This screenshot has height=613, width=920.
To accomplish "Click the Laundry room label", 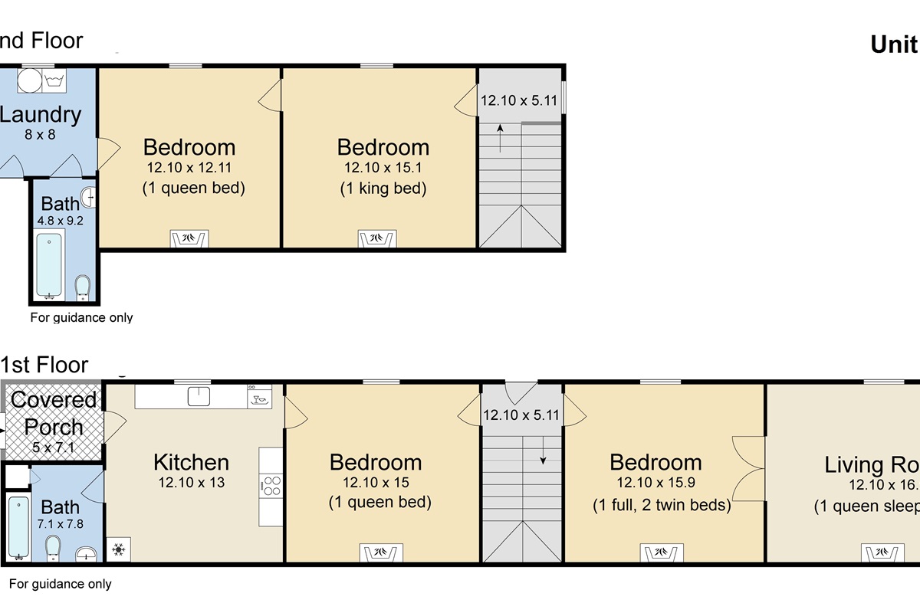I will click(40, 115).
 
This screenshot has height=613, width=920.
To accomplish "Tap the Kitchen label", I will click(191, 462).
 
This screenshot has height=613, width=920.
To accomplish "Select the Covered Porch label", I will click(54, 413).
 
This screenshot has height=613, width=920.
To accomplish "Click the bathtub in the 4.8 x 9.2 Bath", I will click(49, 264).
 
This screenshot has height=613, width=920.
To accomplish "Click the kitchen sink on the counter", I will click(200, 396).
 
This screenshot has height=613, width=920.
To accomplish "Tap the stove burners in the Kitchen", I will click(271, 486).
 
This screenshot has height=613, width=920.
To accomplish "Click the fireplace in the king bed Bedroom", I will click(377, 239).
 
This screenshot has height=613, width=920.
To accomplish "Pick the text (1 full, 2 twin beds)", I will click(662, 505).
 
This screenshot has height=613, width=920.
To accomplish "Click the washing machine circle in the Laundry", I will click(28, 80).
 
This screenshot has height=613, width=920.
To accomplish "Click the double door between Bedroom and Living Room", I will click(750, 467).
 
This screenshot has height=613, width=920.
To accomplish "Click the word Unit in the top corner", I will click(894, 45).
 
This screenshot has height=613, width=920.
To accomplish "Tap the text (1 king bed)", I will click(383, 188).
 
